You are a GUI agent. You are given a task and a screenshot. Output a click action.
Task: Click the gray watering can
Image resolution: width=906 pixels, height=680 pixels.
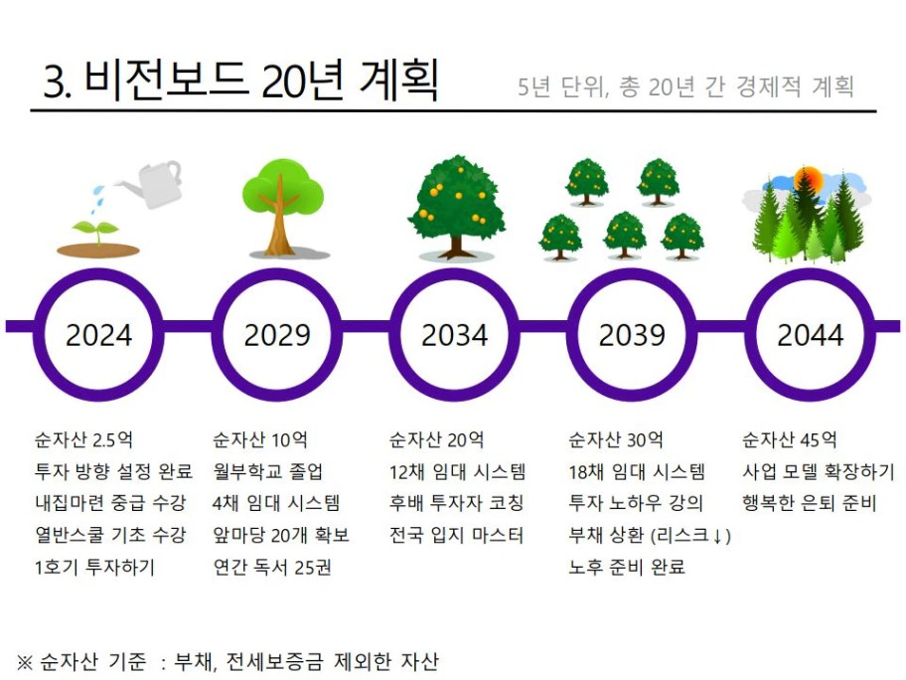point(151,183)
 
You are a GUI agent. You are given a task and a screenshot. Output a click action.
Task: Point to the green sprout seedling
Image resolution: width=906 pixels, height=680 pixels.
point(97,231)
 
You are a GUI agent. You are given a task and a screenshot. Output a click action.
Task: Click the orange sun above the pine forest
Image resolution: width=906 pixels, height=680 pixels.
point(808,179)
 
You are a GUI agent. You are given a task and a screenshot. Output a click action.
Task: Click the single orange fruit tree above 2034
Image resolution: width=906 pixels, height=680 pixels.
point(456,207)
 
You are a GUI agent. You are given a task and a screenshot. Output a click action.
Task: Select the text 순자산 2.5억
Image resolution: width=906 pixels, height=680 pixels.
point(83,440)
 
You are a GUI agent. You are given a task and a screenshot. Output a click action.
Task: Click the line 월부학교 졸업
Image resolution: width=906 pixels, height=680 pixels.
point(267,471)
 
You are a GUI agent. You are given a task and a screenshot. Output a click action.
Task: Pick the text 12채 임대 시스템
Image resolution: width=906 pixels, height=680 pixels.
point(458,471)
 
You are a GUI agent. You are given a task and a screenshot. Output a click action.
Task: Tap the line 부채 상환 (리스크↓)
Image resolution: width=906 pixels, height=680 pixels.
point(650,536)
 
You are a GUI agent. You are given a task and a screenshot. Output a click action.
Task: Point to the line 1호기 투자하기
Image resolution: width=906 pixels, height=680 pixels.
point(95,567)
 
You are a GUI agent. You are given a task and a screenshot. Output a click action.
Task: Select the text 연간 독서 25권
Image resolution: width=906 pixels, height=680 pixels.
point(272,567)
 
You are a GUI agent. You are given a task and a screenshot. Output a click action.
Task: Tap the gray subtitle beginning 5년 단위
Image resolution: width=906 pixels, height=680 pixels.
point(685,86)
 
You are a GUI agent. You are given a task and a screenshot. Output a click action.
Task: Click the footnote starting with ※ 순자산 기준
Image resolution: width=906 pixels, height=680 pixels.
point(227,661)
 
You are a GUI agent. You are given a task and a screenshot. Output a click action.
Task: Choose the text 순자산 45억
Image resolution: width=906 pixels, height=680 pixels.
point(790,440)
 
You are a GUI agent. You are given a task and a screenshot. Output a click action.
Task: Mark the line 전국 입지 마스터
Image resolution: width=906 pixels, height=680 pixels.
point(456,535)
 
